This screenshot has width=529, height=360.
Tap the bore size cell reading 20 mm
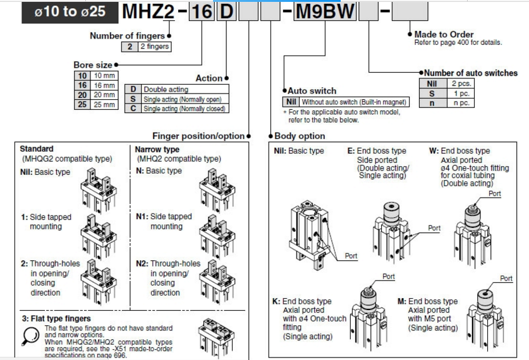pyautogui.click(x=104, y=95)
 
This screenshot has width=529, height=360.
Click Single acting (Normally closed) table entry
pyautogui.click(x=183, y=109)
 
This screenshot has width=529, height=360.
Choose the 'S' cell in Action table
pyautogui.click(x=133, y=99)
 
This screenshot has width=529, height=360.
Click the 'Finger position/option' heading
pyautogui.click(x=198, y=136)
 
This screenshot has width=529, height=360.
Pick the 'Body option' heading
pyautogui.click(x=300, y=136)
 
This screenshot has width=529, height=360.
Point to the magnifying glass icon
pyautogui.click(x=30, y=335)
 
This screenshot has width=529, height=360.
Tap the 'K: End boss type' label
pyautogui.click(x=301, y=301)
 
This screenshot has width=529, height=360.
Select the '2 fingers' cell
pyautogui.click(x=154, y=46)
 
